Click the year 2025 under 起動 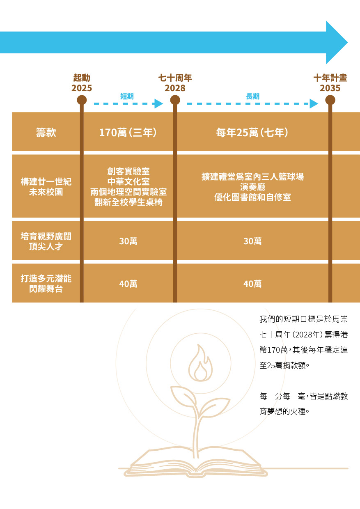82,88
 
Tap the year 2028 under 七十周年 175,88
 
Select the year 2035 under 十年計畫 330,88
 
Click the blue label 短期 127,96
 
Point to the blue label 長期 252,96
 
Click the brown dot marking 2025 82,100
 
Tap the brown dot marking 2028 175,100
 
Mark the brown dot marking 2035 330,100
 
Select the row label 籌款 46,133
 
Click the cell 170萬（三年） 128,133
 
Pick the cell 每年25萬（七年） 252,133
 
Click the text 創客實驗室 128,171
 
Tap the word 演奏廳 252,187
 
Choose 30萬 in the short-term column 128,241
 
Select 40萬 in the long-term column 252,284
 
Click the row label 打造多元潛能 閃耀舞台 46,284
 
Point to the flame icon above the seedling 200,363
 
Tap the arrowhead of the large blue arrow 337,42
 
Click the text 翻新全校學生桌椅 128,202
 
